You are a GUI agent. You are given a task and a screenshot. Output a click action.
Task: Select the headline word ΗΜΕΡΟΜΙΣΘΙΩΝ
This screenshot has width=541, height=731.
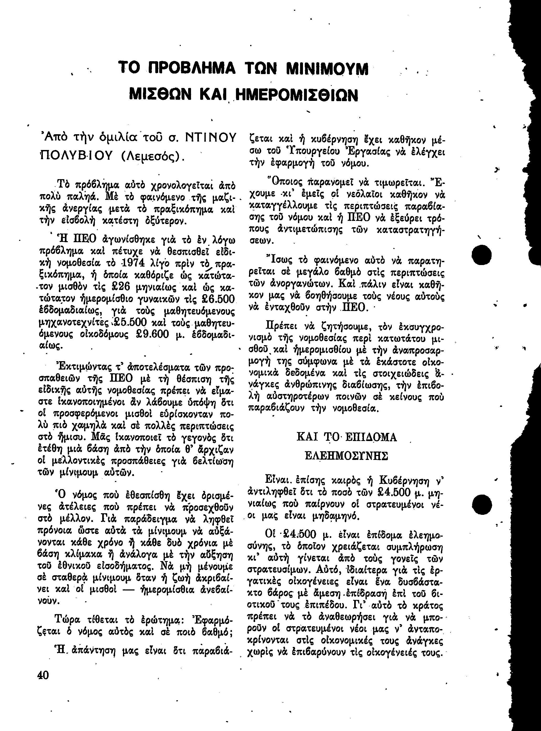click(297, 95)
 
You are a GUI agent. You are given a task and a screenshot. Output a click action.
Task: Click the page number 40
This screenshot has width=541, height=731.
click(43, 675)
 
